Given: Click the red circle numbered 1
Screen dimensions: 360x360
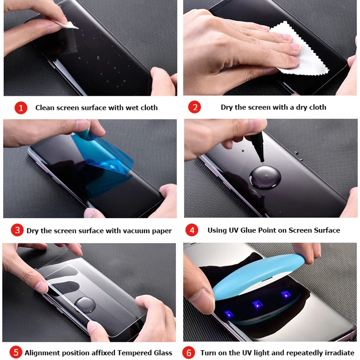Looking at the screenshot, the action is (x=21, y=108).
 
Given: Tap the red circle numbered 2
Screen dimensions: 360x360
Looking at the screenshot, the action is (x=194, y=107).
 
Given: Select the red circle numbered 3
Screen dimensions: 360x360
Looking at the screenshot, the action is (x=17, y=230).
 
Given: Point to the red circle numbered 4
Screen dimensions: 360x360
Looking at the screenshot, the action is (x=192, y=230).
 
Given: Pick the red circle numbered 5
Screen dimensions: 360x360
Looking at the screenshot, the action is (x=16, y=352).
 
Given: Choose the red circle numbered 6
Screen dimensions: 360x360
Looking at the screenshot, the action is (x=189, y=353).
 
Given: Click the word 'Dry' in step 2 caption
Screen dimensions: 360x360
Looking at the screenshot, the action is (x=227, y=108).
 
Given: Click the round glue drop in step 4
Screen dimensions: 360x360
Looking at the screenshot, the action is (x=265, y=178).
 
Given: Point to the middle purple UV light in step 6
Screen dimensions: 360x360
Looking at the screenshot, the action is (x=257, y=305).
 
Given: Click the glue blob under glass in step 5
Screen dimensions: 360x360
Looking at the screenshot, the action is (x=85, y=305).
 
